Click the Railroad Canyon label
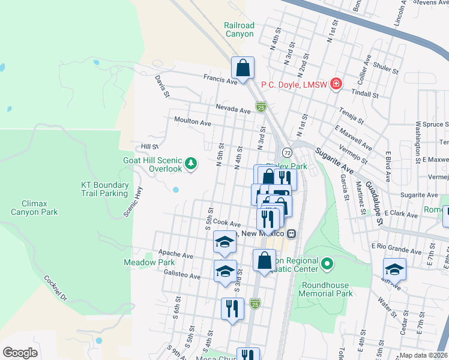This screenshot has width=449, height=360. click(x=240, y=29)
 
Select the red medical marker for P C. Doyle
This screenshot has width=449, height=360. click(x=336, y=84)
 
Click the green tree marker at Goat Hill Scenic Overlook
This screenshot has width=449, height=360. click(x=191, y=163)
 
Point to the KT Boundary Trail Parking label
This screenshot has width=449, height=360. click(x=104, y=189)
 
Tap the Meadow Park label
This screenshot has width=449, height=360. click(x=149, y=262)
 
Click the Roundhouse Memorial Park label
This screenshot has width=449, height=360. click(x=327, y=289)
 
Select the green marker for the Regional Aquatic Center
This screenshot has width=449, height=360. click(x=327, y=263)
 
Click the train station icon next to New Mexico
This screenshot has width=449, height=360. click(x=291, y=233)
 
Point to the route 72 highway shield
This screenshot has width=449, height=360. click(x=288, y=152)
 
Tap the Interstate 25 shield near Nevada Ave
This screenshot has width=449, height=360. click(x=261, y=107)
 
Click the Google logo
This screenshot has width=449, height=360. click(x=20, y=352)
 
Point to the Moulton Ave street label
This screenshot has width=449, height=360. click(x=193, y=122)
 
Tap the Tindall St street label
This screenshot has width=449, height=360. click(x=366, y=95)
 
